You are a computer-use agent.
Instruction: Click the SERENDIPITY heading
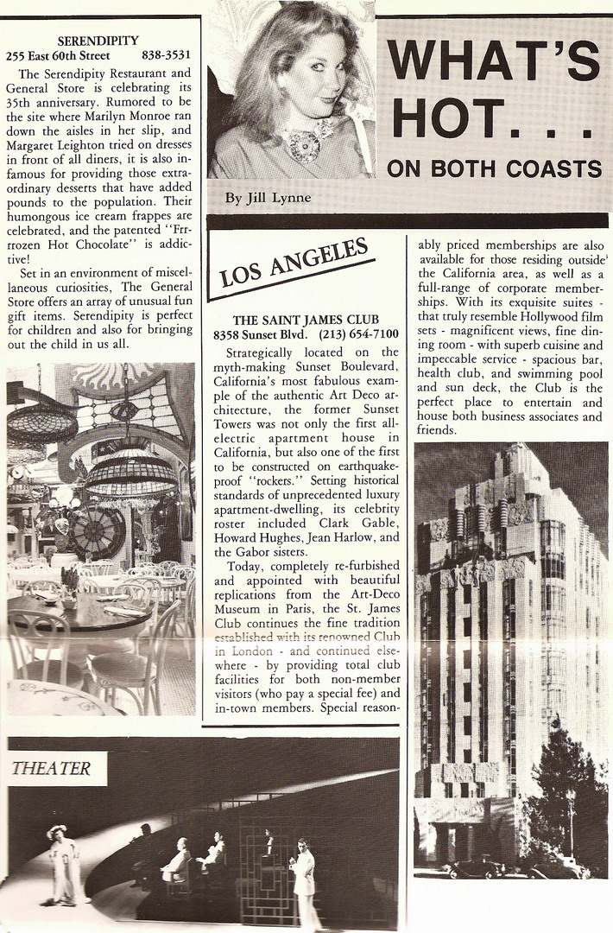97,40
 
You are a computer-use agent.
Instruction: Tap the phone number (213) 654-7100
358,334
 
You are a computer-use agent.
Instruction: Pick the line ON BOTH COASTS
493,168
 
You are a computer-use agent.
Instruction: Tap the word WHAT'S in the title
492,61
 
